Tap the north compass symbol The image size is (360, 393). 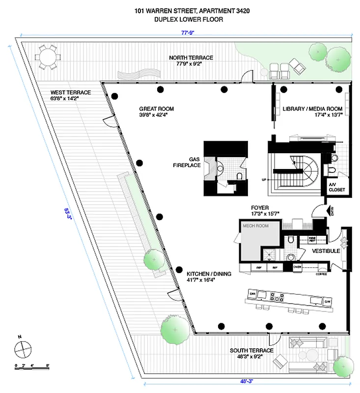[x=23, y=349]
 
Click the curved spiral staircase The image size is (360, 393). [x=307, y=169]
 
